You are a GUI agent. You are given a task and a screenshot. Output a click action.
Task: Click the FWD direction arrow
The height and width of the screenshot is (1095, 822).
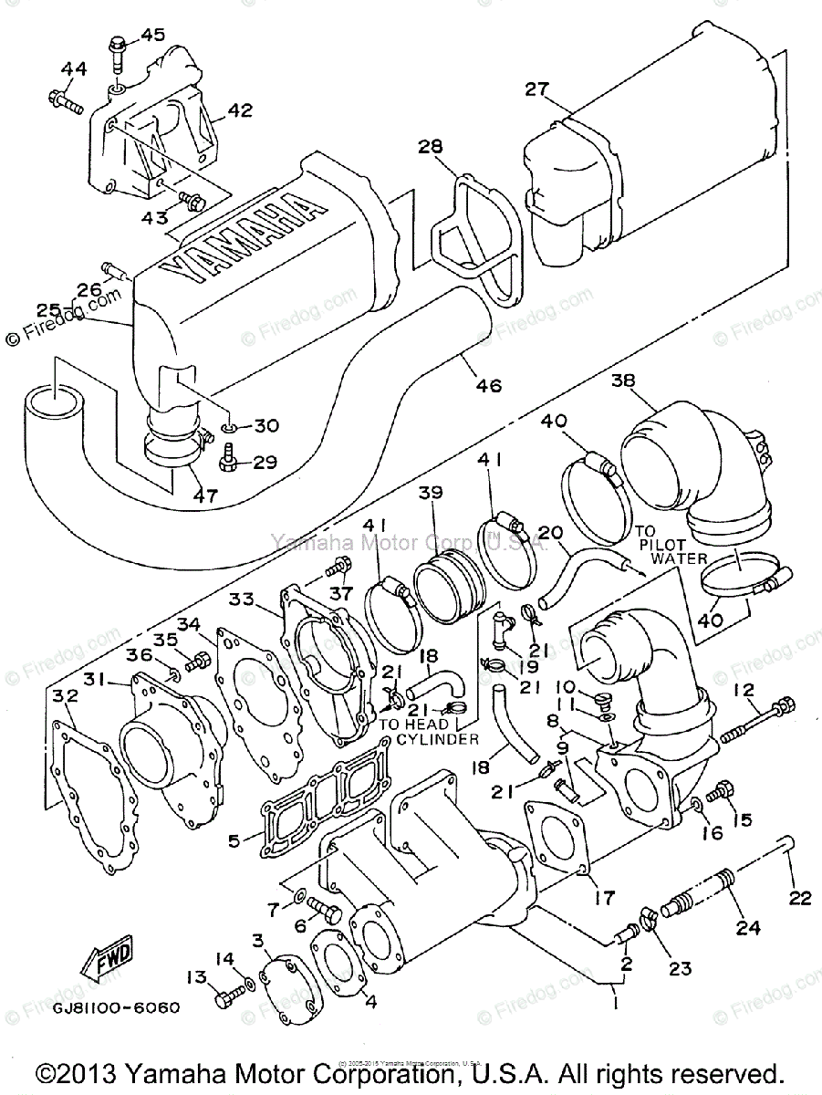(108, 957)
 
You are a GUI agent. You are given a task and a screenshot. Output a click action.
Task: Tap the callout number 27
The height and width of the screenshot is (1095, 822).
(536, 89)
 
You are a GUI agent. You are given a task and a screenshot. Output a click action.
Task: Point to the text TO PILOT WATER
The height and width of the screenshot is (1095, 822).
(660, 544)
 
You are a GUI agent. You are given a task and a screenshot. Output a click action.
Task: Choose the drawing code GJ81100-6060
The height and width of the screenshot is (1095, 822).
(116, 1008)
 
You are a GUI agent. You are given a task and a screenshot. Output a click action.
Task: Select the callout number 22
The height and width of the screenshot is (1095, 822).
(799, 899)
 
